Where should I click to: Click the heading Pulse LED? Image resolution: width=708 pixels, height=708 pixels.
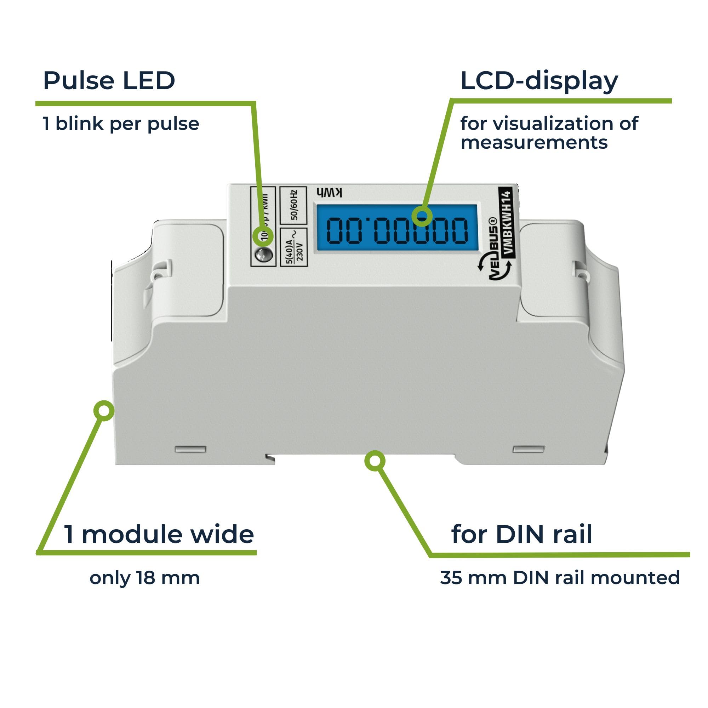point(109,81)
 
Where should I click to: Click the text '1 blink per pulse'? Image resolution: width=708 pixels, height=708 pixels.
point(121,124)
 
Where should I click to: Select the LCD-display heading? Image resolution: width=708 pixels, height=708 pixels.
point(539,81)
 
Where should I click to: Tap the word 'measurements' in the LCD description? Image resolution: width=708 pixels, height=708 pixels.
point(534,143)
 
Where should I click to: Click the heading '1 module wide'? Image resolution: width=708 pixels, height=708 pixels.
point(159,534)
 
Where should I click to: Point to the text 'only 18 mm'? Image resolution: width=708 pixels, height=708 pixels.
point(145,578)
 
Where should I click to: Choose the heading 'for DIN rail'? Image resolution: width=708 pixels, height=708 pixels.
point(521,534)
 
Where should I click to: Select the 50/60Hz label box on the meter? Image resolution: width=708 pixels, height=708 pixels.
point(293,205)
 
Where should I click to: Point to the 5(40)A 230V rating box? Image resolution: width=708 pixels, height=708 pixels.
point(293,247)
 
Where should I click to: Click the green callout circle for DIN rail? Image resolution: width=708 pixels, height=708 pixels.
point(375,461)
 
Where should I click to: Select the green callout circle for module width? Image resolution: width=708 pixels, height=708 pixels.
point(104,410)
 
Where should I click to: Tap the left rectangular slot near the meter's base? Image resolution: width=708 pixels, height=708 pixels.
point(190,449)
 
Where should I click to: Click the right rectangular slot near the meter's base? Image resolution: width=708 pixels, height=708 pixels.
point(529,449)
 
